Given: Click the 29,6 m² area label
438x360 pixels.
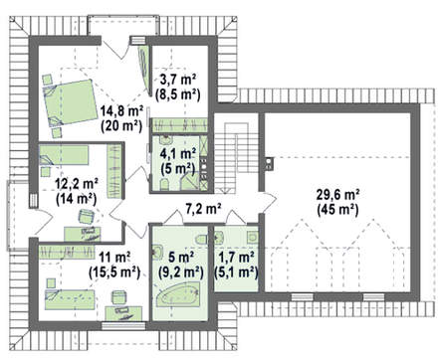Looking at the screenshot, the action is (338, 195).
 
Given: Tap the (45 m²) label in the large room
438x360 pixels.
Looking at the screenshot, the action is (337, 210).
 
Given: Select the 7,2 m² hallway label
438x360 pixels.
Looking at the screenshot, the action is (203, 209).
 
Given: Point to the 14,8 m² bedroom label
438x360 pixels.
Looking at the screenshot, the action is (121, 111).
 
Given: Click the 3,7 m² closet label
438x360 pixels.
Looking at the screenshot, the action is (178, 80).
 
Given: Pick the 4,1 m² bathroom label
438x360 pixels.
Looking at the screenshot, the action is (178, 154).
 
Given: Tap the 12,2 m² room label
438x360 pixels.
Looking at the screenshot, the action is (77, 184).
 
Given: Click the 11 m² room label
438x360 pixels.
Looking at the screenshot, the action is (114, 258).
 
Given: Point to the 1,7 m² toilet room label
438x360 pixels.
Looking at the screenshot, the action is (236, 258).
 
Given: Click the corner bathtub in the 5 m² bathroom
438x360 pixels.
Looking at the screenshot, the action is (178, 294).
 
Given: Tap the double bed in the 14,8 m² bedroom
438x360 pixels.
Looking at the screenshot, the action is (70, 102).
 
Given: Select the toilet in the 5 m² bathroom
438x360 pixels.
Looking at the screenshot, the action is (201, 240).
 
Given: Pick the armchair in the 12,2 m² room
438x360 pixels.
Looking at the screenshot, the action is (87, 217).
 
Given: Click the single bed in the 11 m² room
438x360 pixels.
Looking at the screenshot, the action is (70, 300).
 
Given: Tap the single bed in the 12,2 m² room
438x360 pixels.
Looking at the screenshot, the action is (64, 155).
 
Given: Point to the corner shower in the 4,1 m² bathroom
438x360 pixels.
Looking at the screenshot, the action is (190, 181).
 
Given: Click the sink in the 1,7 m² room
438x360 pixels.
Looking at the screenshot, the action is (253, 237).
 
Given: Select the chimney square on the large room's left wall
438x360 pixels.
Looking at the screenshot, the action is (269, 163).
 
